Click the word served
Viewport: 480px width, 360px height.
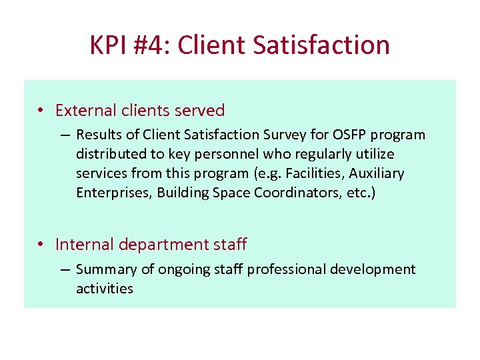[203, 110]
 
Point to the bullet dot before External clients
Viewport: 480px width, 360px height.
[41, 111]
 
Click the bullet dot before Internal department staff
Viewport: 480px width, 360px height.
[41, 245]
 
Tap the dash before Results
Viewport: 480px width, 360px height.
[65, 135]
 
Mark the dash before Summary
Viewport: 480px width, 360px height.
[65, 270]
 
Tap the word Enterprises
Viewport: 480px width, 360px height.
[113, 193]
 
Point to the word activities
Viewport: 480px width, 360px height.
[105, 289]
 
